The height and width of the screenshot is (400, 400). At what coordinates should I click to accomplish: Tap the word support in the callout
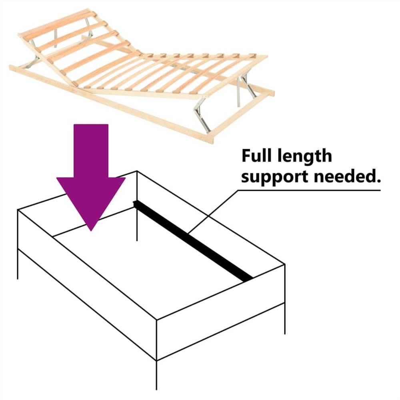click(x=272, y=176)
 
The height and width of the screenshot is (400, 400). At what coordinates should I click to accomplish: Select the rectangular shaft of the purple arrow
click(x=91, y=150)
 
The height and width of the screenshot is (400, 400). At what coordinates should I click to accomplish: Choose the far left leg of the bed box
click(x=18, y=264)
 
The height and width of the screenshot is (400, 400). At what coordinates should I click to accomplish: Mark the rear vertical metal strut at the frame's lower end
click(x=238, y=92)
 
